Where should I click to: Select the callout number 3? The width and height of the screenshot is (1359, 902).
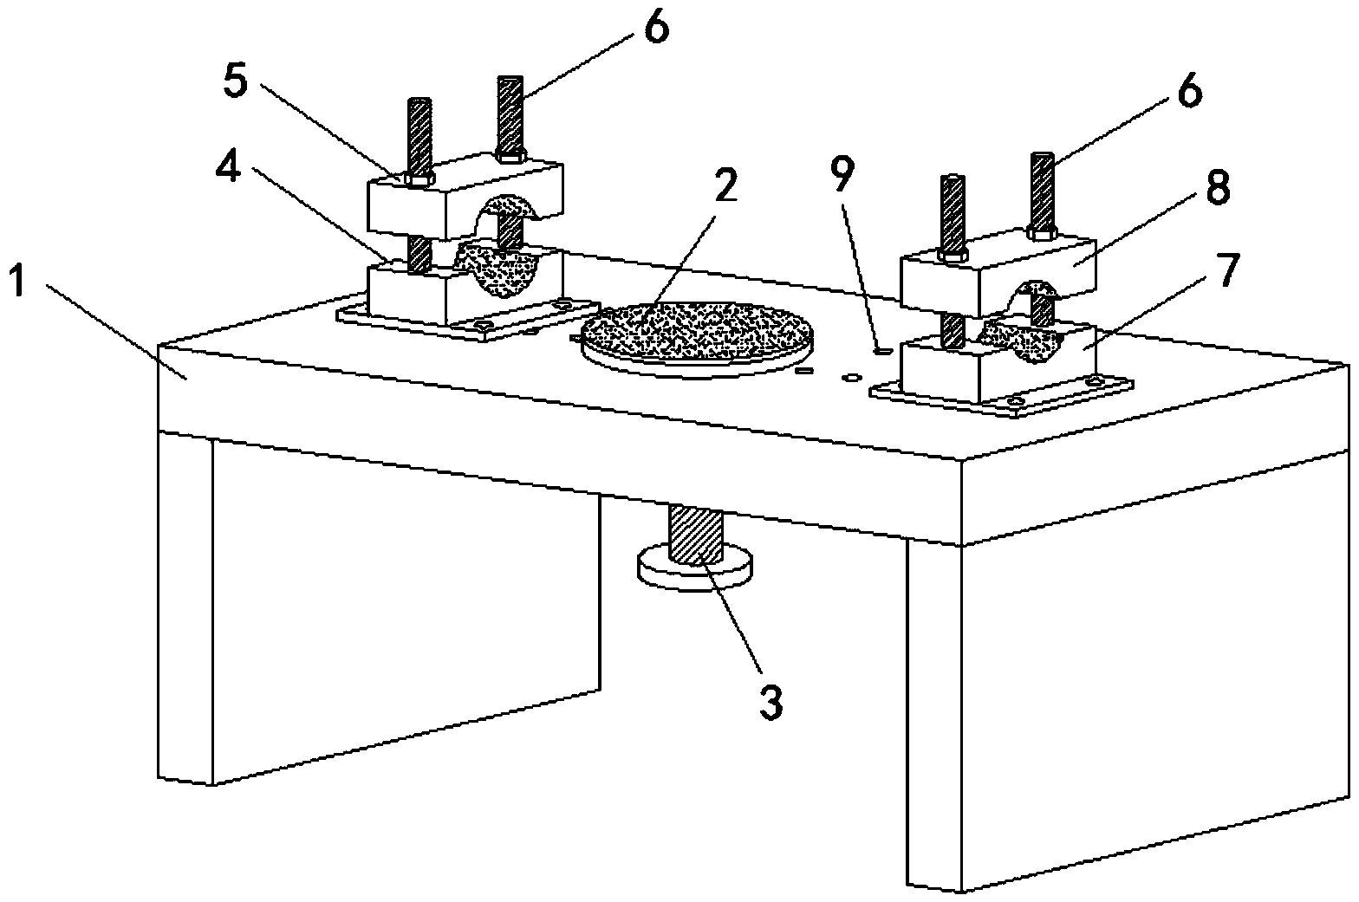click(x=771, y=701)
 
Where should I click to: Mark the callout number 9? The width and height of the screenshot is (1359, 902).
click(x=842, y=176)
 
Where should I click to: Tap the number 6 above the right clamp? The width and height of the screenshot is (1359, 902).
click(x=1189, y=90)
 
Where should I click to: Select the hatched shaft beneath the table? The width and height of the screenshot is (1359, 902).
click(x=694, y=536)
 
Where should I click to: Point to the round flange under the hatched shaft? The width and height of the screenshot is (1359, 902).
click(x=694, y=573)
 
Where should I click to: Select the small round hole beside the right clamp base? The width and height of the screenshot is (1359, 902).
click(x=852, y=378)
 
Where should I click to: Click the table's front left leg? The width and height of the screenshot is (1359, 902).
click(x=185, y=607)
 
